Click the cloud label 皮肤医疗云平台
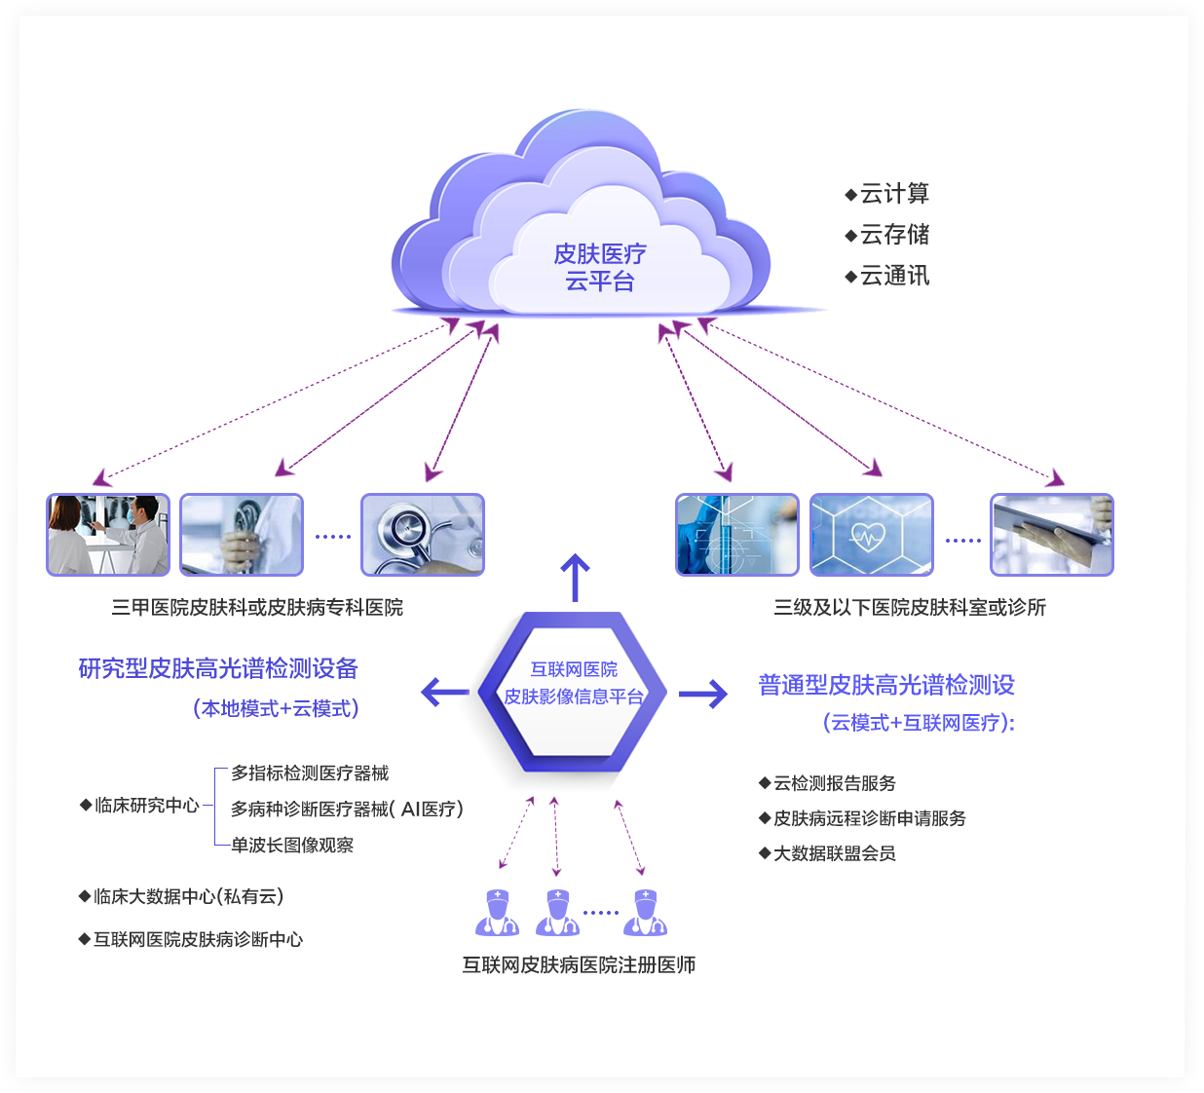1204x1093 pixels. tap(599, 268)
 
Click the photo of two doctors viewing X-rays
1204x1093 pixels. tap(108, 535)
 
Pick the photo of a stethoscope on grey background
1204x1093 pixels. tap(423, 535)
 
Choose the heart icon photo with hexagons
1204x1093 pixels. tap(872, 535)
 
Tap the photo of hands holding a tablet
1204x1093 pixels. tap(1052, 535)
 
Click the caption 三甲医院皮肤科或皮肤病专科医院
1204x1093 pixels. tap(257, 608)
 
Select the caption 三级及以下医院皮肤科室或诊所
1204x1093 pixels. tap(910, 608)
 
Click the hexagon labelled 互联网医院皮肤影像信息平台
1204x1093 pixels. tap(573, 693)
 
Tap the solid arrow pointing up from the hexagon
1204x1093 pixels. tap(576, 577)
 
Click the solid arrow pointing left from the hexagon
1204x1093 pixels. tap(444, 693)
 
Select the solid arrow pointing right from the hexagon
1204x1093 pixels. tap(703, 694)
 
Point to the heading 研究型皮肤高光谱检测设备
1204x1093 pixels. tap(218, 668)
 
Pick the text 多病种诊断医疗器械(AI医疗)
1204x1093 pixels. tap(347, 810)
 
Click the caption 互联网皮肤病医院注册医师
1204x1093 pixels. tap(579, 965)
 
